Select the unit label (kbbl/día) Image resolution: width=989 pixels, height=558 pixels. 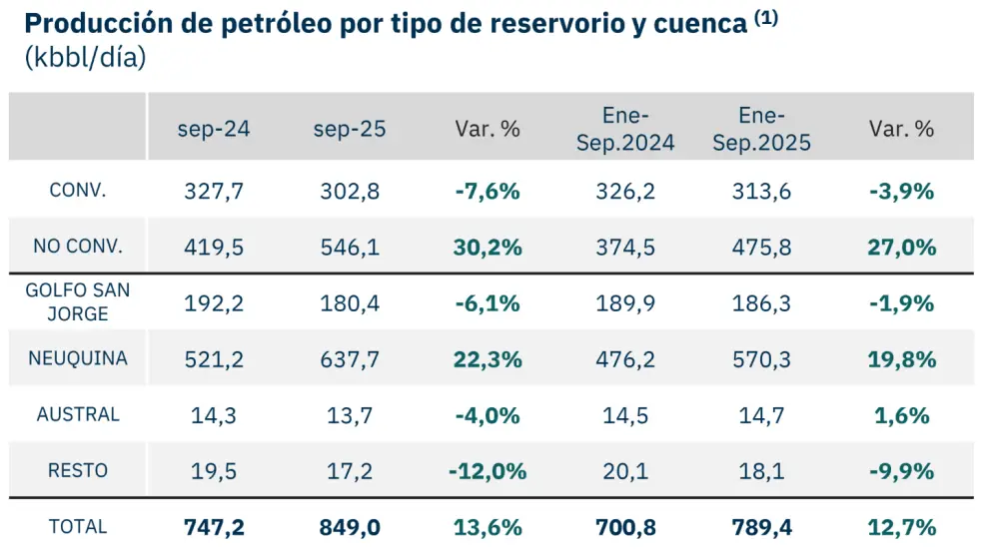coord(85,59)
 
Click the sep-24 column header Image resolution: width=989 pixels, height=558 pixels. coord(214,129)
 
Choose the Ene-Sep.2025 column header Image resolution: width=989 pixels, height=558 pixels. coord(761,129)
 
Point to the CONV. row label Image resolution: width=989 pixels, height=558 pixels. coord(78,191)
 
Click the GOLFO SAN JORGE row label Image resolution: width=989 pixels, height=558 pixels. coord(78,301)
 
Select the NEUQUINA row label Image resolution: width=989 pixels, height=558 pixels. coord(78,357)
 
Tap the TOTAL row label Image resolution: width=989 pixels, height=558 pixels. coord(78,526)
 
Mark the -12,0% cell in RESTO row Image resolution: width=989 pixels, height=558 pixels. coord(487,471)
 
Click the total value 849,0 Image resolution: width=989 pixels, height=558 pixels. coord(350,527)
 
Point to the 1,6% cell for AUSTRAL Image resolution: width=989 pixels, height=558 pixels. coord(902,415)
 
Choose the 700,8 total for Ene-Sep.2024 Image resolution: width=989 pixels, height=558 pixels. coord(625,527)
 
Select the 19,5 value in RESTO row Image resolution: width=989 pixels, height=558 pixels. coord(214,471)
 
